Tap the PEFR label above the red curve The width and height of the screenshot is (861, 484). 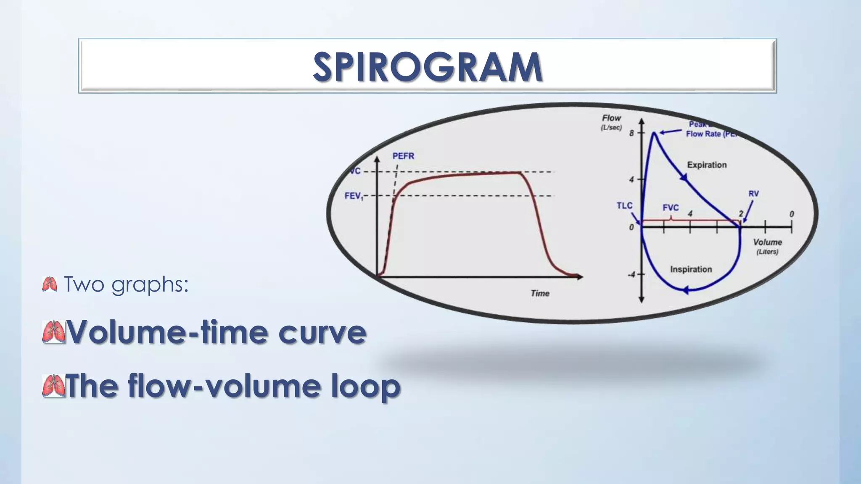tap(403, 156)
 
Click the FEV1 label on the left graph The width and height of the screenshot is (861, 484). tap(354, 196)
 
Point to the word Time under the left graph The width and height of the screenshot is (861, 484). tap(540, 293)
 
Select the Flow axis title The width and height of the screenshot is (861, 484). tap(611, 118)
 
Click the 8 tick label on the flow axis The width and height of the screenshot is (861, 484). tap(631, 133)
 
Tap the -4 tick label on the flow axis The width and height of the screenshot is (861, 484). tap(631, 274)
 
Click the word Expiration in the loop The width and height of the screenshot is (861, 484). tap(707, 165)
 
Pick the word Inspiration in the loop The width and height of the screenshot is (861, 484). tap(691, 269)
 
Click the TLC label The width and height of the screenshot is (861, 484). tap(624, 205)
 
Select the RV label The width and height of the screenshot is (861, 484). tap(753, 194)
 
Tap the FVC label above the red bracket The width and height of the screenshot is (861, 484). tap(671, 208)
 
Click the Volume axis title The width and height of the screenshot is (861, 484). tap(767, 242)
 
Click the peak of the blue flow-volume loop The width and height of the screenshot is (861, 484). tap(655, 133)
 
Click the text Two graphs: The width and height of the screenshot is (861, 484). tap(126, 284)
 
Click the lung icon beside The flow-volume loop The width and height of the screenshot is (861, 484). tap(53, 386)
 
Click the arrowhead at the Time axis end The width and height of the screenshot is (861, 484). tap(580, 276)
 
